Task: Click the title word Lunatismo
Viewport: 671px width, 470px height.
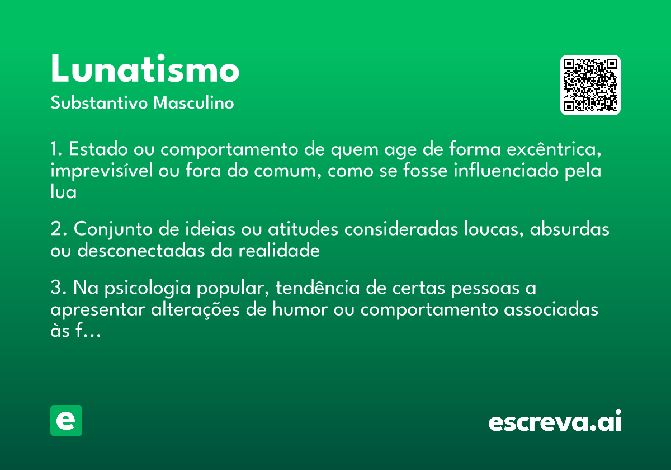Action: (145, 69)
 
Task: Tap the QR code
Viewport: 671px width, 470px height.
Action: (590, 85)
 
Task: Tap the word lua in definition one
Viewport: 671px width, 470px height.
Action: (63, 192)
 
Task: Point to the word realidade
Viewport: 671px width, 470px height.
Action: (279, 251)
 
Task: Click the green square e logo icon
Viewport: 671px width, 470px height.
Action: (66, 420)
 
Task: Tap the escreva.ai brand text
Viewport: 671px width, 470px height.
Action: (555, 422)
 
